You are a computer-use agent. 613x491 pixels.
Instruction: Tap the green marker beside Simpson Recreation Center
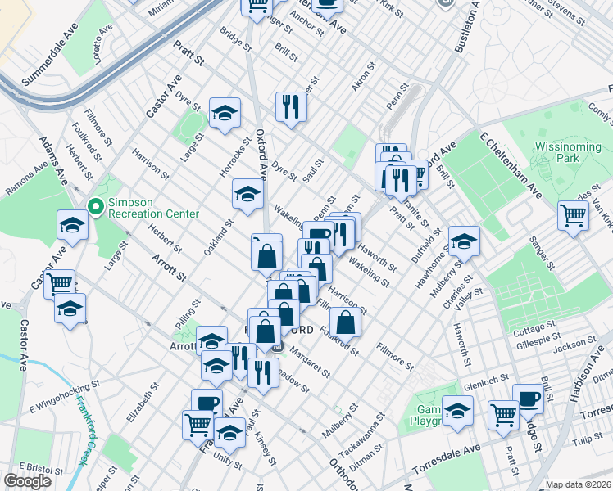coord(95,207)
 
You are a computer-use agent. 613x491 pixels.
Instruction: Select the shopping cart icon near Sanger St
coord(573,216)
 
